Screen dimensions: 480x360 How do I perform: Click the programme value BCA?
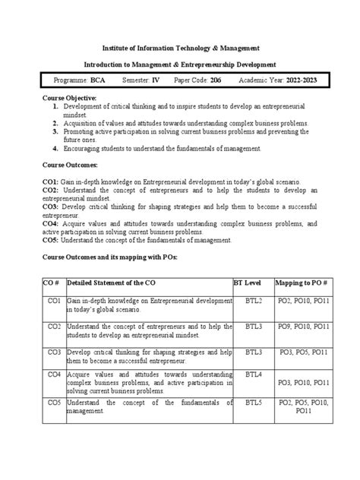(99, 80)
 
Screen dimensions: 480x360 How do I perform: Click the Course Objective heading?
(70, 99)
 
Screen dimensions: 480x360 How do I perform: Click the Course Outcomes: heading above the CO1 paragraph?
(74, 165)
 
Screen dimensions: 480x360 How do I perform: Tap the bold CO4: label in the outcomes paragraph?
(50, 225)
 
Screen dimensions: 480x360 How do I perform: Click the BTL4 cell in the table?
(253, 375)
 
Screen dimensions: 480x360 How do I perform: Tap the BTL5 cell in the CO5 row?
(253, 402)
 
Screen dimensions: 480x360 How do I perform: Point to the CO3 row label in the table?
(53, 352)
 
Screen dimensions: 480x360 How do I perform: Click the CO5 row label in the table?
(53, 402)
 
